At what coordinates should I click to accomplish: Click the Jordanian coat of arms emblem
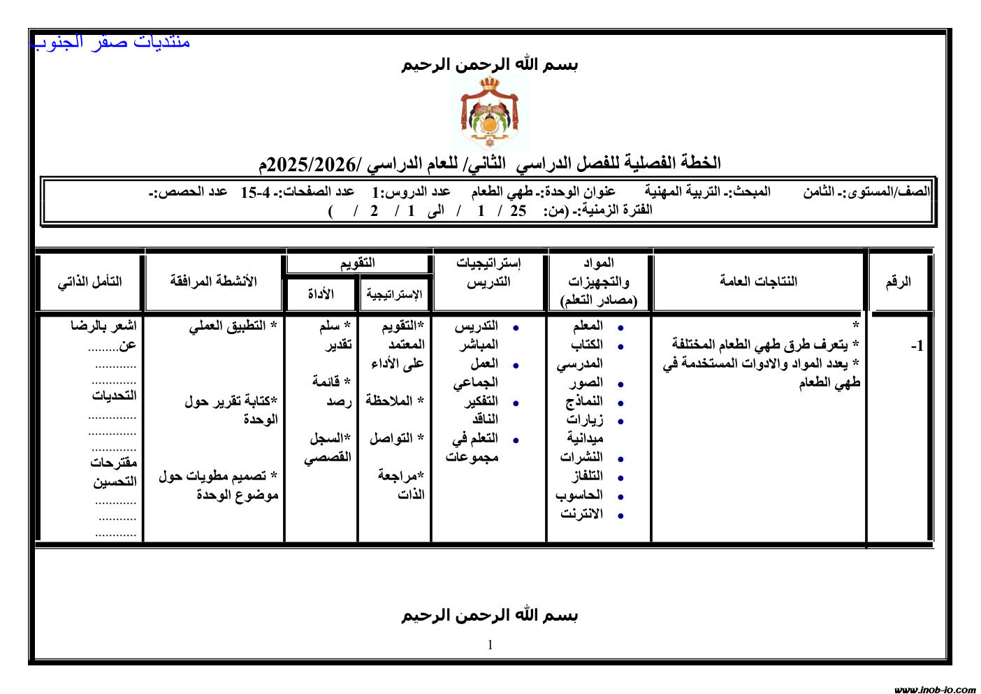[489, 113]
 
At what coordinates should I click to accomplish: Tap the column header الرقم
[898, 282]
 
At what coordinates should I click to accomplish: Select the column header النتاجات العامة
[758, 281]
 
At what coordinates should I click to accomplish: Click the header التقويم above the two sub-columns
[358, 263]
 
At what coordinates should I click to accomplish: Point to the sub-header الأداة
[321, 294]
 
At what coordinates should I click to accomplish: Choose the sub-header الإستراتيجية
[394, 294]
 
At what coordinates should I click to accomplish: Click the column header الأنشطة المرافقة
[213, 281]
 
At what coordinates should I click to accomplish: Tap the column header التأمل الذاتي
[89, 282]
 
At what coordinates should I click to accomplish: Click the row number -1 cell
[917, 346]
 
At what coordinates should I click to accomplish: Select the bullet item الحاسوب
[579, 495]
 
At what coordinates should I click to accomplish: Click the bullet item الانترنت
[581, 514]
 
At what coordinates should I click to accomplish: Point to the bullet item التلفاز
[587, 476]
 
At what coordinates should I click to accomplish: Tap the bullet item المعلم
[588, 326]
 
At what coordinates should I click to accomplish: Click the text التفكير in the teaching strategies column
[481, 401]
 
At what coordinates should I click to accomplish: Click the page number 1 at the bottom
[490, 644]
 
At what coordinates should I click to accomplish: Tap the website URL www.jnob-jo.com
[934, 689]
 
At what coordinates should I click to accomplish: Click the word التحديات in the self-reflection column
[114, 396]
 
